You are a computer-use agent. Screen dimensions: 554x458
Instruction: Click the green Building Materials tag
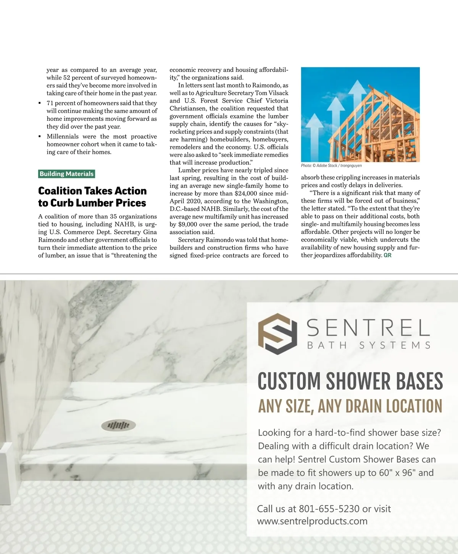point(66,174)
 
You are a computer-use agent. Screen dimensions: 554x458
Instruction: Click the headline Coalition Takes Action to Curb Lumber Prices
point(92,197)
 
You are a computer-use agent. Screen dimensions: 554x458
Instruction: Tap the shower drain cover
point(119,424)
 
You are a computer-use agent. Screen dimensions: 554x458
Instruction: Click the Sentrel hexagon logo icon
point(277,333)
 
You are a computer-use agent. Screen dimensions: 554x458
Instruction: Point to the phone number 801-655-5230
point(329,509)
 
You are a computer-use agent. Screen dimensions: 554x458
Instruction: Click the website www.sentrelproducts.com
point(312,521)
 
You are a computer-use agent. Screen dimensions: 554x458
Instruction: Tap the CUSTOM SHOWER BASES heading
point(350,381)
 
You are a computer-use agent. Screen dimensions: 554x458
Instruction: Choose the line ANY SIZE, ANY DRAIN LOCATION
point(350,406)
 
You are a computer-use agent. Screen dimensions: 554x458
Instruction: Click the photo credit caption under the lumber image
point(331,166)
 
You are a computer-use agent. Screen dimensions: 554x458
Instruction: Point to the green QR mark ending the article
point(387,255)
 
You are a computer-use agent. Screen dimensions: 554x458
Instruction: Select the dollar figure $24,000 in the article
point(246,193)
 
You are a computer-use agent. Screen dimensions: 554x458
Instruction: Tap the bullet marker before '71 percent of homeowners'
point(40,104)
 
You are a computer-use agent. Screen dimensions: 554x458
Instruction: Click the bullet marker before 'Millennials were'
point(40,137)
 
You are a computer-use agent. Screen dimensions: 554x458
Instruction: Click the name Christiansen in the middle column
point(189,109)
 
